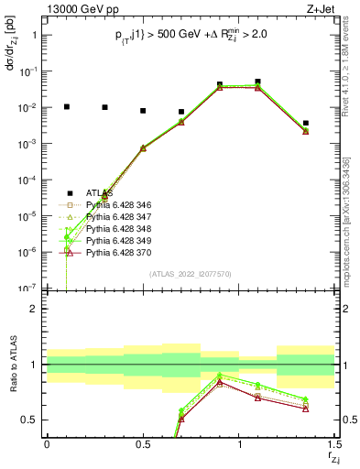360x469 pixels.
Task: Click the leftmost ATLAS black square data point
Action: pyautogui.click(x=66, y=106)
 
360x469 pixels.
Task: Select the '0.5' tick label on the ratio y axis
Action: pyautogui.click(x=28, y=420)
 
